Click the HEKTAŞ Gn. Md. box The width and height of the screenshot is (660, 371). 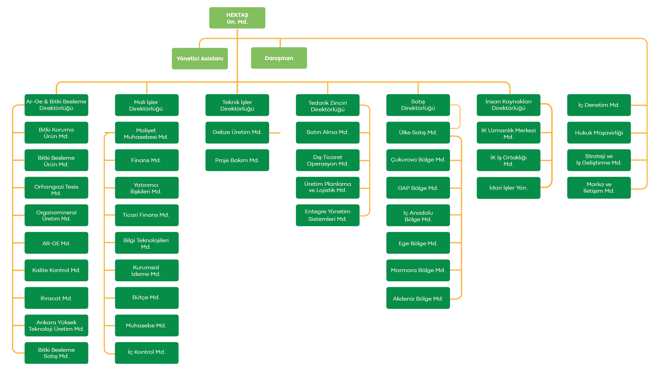pos(237,18)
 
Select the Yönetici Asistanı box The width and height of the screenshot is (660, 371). pos(200,58)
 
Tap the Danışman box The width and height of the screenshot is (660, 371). pos(279,58)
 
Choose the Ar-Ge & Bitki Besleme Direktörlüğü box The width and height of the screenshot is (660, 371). pos(56,105)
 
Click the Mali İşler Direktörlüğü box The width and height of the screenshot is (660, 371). pos(147,105)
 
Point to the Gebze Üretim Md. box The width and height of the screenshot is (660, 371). pos(237,132)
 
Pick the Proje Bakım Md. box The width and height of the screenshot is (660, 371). pos(237,160)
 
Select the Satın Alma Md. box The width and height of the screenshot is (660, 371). pos(328,132)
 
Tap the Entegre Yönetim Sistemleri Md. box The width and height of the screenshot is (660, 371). pos(328,215)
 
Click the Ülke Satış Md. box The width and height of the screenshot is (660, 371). pos(418,132)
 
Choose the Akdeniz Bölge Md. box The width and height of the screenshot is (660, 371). pos(418,298)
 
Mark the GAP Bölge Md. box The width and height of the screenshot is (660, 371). pos(418,188)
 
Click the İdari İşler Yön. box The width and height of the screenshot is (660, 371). pos(508,188)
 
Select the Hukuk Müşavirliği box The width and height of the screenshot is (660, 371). pos(599,132)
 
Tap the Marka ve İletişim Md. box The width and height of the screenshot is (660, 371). pos(599,188)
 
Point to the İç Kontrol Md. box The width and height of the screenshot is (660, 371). pos(147,353)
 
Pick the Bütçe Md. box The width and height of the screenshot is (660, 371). pos(147,298)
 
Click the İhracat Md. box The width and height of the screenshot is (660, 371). pos(56,298)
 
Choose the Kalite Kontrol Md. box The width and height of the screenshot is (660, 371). pos(56,270)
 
